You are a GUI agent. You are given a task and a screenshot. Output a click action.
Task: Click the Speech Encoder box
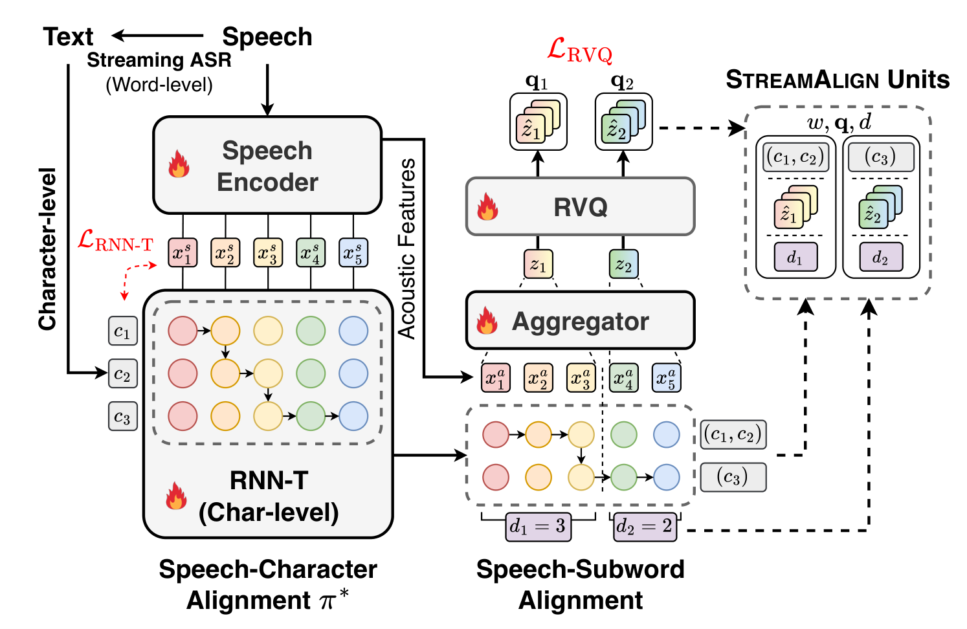[x=267, y=165]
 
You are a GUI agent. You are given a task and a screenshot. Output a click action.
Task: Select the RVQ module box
[x=580, y=206]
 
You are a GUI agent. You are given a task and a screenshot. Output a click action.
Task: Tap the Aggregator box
[x=580, y=320]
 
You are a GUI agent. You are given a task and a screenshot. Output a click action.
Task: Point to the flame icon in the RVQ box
[x=487, y=206]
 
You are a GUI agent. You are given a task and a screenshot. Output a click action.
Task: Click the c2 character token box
[x=122, y=373]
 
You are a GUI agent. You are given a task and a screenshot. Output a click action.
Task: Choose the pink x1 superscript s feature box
[x=183, y=252]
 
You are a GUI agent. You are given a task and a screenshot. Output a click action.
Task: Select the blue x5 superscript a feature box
[x=666, y=378]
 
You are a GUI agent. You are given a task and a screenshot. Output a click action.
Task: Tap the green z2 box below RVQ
[x=623, y=264]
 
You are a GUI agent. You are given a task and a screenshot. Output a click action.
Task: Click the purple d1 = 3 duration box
[x=539, y=527]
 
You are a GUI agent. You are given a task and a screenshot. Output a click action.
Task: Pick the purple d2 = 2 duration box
[x=645, y=527]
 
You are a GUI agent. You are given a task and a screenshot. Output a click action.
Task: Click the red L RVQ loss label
[x=579, y=51]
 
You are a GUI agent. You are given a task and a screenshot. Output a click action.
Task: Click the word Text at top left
[x=68, y=37]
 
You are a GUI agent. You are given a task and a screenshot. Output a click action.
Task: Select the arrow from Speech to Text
[x=157, y=36]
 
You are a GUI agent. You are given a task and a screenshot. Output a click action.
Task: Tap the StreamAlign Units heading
[x=838, y=80]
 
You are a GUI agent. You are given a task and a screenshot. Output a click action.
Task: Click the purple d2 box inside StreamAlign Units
[x=881, y=257]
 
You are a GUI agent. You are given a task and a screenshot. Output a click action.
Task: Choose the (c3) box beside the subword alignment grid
[x=733, y=477]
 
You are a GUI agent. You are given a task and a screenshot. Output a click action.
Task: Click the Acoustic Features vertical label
[x=406, y=248]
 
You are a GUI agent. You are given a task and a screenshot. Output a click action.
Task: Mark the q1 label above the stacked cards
[x=537, y=82]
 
